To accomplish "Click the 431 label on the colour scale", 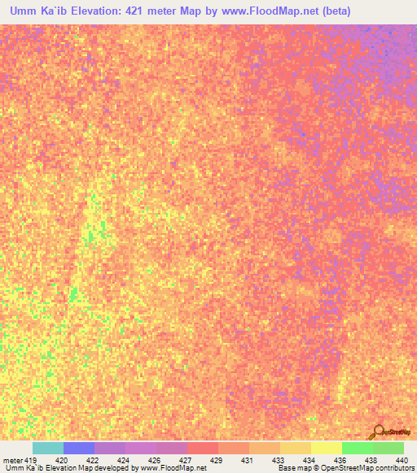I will [x=248, y=460].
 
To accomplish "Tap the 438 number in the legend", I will [x=372, y=460].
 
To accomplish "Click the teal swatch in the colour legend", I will [x=48, y=448].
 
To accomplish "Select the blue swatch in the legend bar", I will [x=79, y=448].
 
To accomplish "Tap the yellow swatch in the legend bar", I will [x=326, y=448].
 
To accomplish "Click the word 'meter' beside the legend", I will [x=13, y=460].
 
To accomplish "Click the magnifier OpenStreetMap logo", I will [x=379, y=431].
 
